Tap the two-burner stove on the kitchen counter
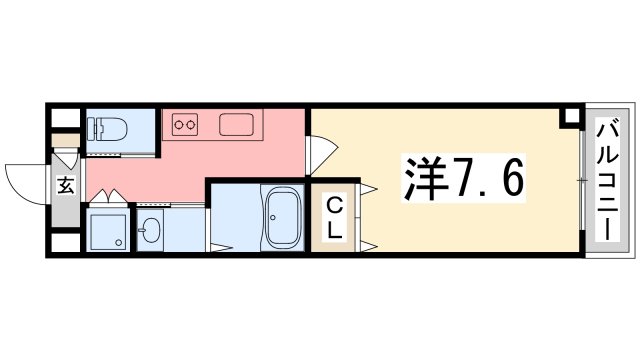pos(185,125)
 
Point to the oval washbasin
pos(151,233)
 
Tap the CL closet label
pos(335,218)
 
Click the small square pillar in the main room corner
pos(570,117)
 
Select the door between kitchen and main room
pos(322,150)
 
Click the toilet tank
pos(93,129)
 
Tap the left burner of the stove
pos(180,125)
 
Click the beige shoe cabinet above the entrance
pos(65,140)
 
